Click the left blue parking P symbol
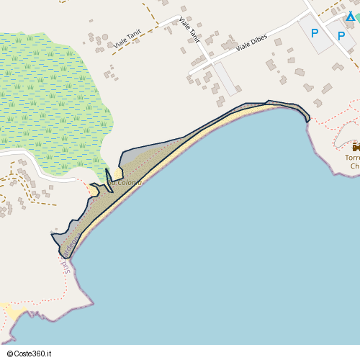tap(314, 33)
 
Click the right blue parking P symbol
tap(341, 35)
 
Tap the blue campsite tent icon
tap(351, 16)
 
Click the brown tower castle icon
tap(356, 147)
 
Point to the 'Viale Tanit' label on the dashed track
tap(127, 43)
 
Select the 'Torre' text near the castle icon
tap(352, 158)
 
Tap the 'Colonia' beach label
tap(127, 183)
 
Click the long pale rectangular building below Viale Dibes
tap(227, 78)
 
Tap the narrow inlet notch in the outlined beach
tap(109, 176)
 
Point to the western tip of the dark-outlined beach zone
tap(53, 235)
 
